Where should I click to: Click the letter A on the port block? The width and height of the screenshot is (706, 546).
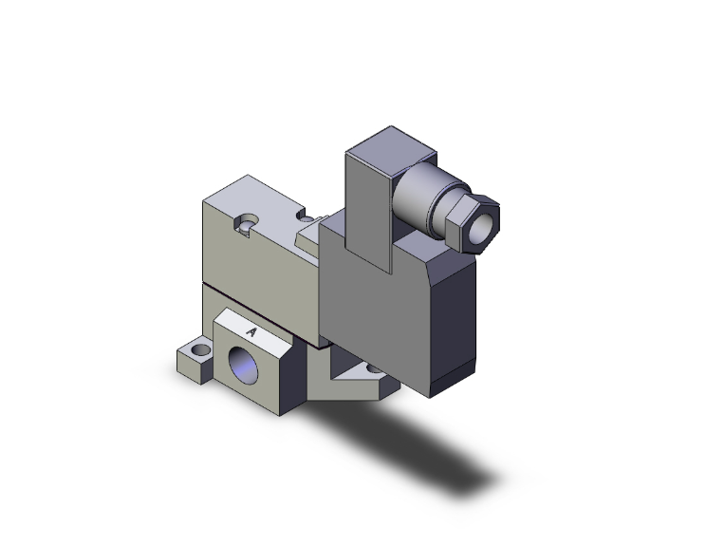(x=251, y=331)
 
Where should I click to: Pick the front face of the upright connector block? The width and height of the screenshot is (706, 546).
(x=365, y=204)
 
